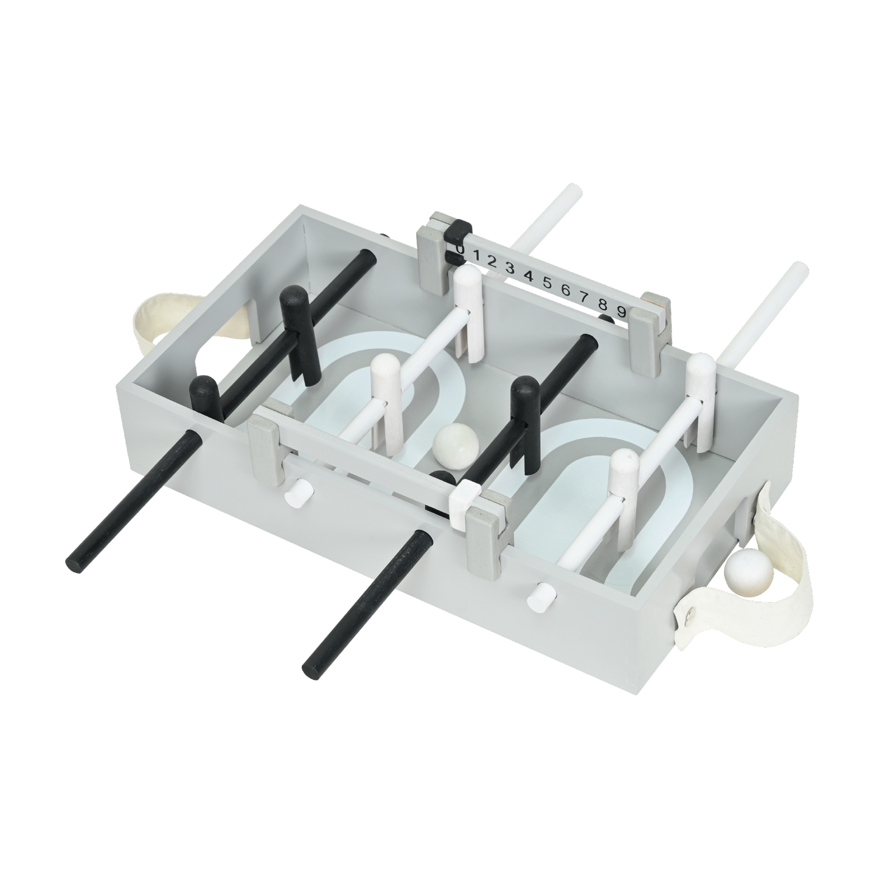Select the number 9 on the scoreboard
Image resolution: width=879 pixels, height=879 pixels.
(x=621, y=311)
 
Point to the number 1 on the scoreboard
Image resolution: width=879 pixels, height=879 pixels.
(x=476, y=254)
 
